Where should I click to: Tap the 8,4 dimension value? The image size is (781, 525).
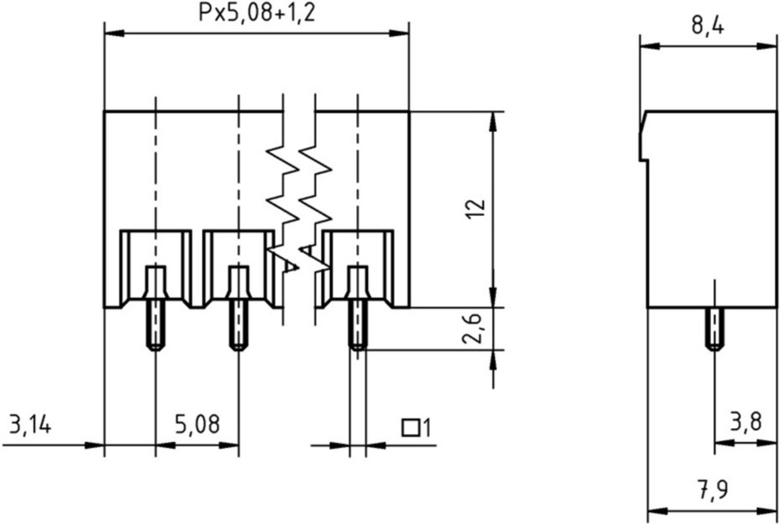[707, 26]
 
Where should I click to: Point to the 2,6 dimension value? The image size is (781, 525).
[472, 329]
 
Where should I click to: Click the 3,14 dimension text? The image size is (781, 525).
[30, 424]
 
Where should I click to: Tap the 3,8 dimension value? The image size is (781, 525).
[746, 422]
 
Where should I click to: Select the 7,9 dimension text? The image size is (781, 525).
[713, 490]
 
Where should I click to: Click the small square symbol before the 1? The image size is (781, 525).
[411, 427]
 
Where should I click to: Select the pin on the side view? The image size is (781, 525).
[714, 329]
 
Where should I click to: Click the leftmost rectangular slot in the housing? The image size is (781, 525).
[156, 264]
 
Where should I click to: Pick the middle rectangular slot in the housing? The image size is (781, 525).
[239, 264]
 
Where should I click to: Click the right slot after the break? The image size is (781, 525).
[358, 264]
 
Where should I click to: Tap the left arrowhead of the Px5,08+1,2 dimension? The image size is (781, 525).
[114, 34]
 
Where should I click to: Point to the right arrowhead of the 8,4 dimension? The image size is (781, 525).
[767, 47]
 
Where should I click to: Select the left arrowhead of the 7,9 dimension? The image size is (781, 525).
[657, 511]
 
